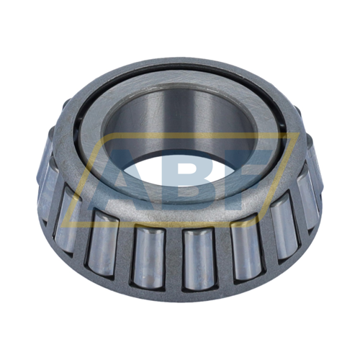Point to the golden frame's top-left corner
click(104, 132)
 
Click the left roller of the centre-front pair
click(149, 257)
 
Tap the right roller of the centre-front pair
click(199, 259)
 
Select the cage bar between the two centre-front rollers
click(174, 259)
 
